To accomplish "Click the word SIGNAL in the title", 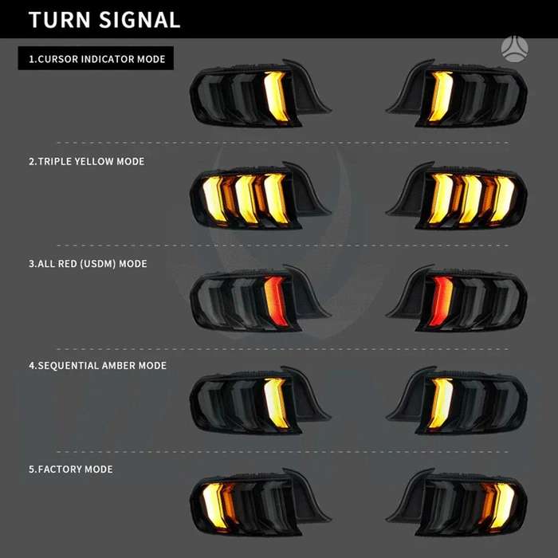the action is point(139,20).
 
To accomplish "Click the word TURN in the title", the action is point(60,20).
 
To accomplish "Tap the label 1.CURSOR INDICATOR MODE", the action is point(96,59).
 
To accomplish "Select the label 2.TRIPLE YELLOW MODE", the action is point(86,161).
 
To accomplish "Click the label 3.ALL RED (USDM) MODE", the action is point(88,264).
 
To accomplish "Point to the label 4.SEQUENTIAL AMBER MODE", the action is point(97,365).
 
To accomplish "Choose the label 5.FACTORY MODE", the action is point(70,469).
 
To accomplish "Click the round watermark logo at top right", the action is point(515,49).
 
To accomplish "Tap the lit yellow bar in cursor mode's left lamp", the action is point(276,96).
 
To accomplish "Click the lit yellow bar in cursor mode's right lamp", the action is point(441,96).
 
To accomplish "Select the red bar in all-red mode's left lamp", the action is point(276,301).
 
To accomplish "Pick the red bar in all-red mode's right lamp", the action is point(441,301).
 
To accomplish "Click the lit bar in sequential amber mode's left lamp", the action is point(276,403).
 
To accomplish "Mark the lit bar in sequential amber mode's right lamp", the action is point(441,403).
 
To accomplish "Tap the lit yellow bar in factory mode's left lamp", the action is point(214,505).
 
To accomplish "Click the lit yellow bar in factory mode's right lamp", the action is point(502,505).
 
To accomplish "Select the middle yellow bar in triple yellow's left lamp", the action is point(246,198).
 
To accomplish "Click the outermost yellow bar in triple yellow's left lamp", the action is point(214,198).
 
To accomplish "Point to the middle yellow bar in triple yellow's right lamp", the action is point(470,198).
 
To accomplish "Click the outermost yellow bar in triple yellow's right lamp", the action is point(502,198).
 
